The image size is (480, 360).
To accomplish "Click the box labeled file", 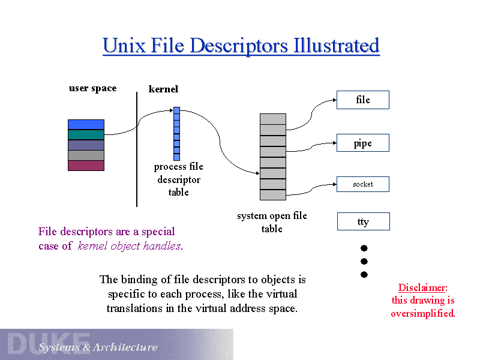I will click(363, 100).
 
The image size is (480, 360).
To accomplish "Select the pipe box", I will click(363, 143).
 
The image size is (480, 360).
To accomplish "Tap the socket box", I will click(363, 184).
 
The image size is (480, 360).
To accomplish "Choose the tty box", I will click(363, 221).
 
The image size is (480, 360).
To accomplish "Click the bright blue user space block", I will click(86, 124).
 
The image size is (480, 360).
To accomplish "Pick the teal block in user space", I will click(86, 134).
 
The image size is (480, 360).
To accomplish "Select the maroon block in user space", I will click(86, 166).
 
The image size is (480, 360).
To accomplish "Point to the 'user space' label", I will click(92, 88).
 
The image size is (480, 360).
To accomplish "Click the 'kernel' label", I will click(163, 89).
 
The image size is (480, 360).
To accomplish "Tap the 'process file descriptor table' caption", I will click(179, 179).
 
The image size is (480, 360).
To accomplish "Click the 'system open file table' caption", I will click(272, 222).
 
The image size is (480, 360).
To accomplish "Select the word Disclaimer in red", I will click(422, 287).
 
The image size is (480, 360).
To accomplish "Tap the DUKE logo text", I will click(48, 343).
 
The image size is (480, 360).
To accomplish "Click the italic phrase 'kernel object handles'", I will click(130, 245).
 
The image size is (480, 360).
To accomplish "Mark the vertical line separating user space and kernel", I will click(137, 150).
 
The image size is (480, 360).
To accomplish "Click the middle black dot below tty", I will click(364, 261).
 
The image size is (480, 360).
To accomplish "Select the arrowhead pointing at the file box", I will click(332, 100).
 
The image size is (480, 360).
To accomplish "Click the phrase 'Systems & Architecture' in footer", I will click(98, 347).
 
